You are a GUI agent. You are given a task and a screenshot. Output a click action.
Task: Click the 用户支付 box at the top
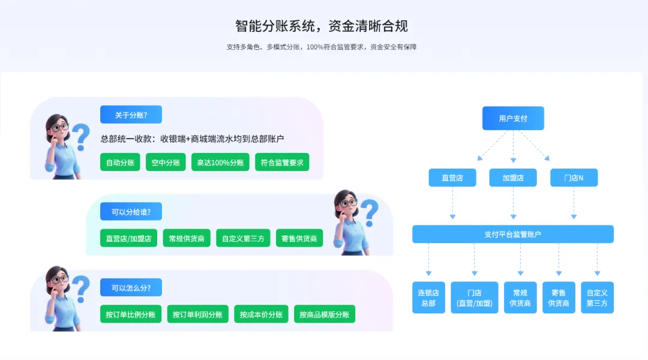[x=513, y=118]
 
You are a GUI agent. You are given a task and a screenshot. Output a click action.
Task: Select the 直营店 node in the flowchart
[x=452, y=178]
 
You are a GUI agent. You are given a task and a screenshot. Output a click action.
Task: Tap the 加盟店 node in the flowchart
[x=513, y=178]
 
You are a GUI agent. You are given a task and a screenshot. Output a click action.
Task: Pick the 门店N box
[x=574, y=178]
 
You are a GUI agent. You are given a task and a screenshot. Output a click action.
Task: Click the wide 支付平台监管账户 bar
[x=512, y=234]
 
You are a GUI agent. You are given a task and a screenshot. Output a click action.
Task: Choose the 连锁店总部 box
[x=428, y=298]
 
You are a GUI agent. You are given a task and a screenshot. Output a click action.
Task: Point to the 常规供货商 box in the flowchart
[x=520, y=298]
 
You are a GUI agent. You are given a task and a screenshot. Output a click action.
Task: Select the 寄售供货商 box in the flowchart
[x=559, y=298]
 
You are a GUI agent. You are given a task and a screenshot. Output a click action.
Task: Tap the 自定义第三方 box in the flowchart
[x=597, y=298]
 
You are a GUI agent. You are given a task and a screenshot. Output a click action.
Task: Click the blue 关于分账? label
[x=131, y=115]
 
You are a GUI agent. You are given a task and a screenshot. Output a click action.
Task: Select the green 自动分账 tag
[x=120, y=162]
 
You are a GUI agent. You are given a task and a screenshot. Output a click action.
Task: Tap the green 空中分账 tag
[x=166, y=162]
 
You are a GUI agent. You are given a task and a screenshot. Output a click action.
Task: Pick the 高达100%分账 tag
[x=220, y=162]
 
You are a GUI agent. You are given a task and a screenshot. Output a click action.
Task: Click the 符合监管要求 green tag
[x=282, y=162]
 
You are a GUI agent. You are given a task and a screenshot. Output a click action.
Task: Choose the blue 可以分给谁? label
[x=131, y=211]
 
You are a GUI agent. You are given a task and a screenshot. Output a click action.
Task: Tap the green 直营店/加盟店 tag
[x=128, y=238]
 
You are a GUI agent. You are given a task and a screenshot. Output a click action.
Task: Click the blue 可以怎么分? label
[x=131, y=287]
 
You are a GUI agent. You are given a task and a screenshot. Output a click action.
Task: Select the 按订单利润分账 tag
[x=197, y=314]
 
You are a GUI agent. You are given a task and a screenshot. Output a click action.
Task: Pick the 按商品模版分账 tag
[x=324, y=314]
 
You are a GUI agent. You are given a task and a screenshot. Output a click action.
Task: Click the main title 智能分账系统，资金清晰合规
[x=322, y=26]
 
